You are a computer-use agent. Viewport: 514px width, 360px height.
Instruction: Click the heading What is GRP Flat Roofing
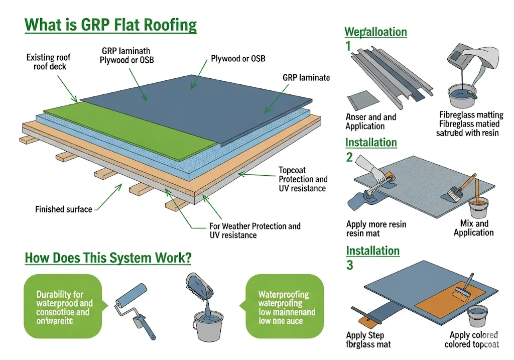click(110, 25)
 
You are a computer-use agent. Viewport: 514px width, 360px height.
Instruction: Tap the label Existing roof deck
click(47, 62)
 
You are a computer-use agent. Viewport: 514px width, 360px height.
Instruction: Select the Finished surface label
click(64, 209)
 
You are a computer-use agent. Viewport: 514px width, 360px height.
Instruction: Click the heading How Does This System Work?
click(107, 258)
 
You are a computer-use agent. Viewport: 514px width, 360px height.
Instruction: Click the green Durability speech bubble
click(64, 306)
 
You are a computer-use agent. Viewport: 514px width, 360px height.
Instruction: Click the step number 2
click(349, 157)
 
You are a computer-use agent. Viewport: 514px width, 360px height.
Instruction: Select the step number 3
click(350, 265)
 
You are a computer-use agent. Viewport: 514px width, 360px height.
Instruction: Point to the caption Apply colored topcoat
click(472, 339)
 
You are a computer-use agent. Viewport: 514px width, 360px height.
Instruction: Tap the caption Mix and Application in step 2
click(473, 228)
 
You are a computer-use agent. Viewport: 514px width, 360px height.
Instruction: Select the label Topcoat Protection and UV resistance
click(302, 179)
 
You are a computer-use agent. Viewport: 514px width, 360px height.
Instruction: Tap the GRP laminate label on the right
click(306, 77)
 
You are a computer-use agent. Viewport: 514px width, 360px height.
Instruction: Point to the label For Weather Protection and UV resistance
click(254, 230)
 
